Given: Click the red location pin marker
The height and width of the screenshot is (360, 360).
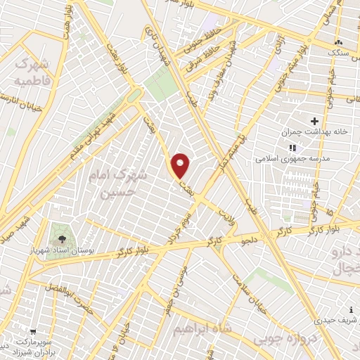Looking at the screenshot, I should pos(181,166).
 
